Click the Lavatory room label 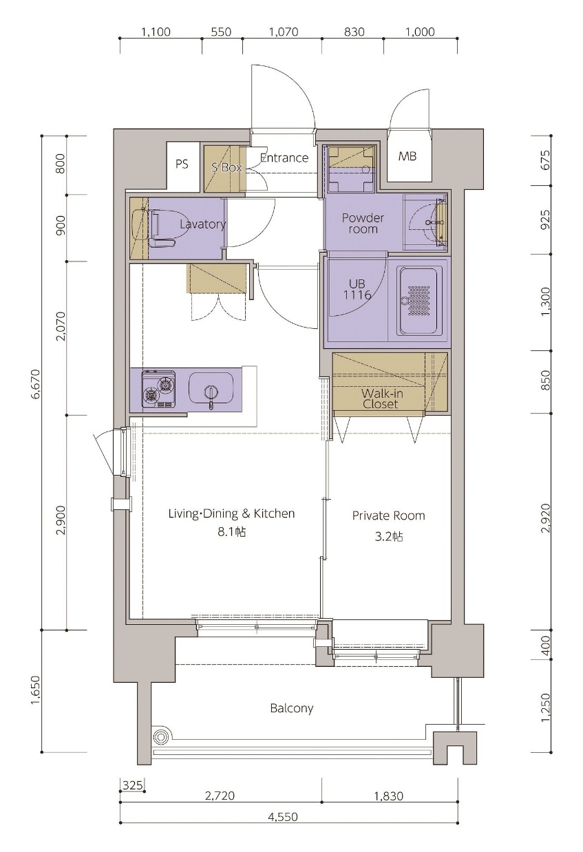point(202,224)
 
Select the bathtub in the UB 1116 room point(417,301)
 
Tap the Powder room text point(363,223)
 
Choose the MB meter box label point(407,156)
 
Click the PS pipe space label point(182,164)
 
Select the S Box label point(226,167)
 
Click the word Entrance point(284,158)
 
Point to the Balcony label point(292,708)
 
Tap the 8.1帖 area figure point(231,531)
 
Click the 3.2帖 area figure point(389,536)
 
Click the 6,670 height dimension point(36,384)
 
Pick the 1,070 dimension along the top point(284,32)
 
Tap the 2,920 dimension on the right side point(545,518)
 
